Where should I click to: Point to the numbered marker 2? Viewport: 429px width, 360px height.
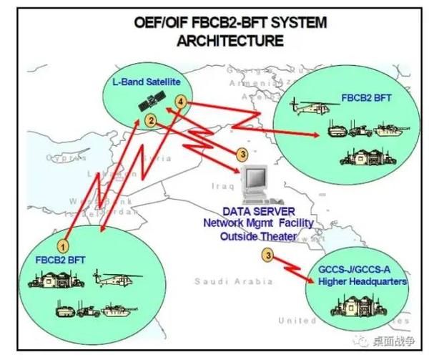tap(151, 120)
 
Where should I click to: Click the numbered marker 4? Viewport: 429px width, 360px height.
tap(181, 104)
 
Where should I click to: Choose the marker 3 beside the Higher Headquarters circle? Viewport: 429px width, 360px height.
tap(267, 254)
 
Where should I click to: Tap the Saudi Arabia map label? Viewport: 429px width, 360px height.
tap(227, 281)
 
